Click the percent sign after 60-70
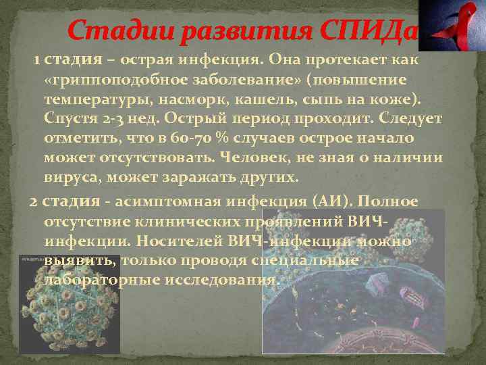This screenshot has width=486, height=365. click(221, 139)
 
